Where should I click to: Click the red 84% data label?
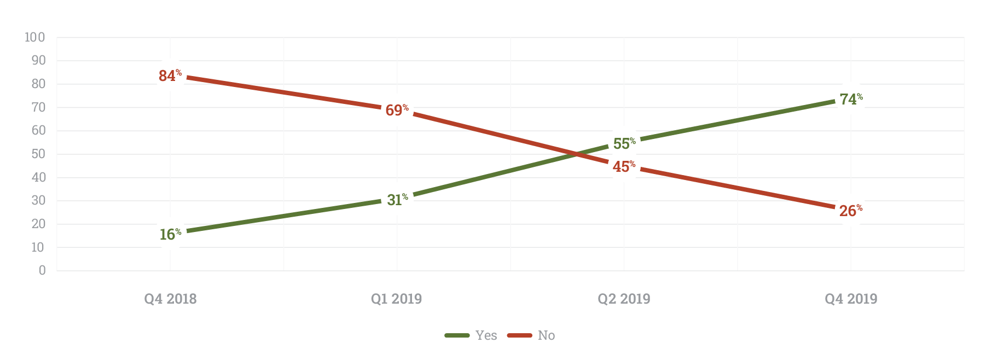pos(170,76)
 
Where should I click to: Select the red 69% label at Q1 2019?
pos(397,110)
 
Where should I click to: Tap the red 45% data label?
pos(624,166)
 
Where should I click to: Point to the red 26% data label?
pos(850,211)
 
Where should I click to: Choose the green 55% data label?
pos(624,143)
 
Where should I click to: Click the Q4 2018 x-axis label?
pos(170,299)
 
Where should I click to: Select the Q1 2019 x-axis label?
pos(397,299)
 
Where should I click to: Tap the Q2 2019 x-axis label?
pos(624,299)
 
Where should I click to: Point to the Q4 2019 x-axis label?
pos(851,299)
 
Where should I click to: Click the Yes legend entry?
pos(471,335)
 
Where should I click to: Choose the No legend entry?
pos(531,335)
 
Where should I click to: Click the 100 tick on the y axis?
pos(34,37)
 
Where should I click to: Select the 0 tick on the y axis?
pos(42,270)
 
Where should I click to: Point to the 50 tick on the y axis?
pos(38,154)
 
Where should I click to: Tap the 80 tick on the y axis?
pos(38,84)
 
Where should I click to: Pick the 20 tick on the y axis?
pos(38,224)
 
